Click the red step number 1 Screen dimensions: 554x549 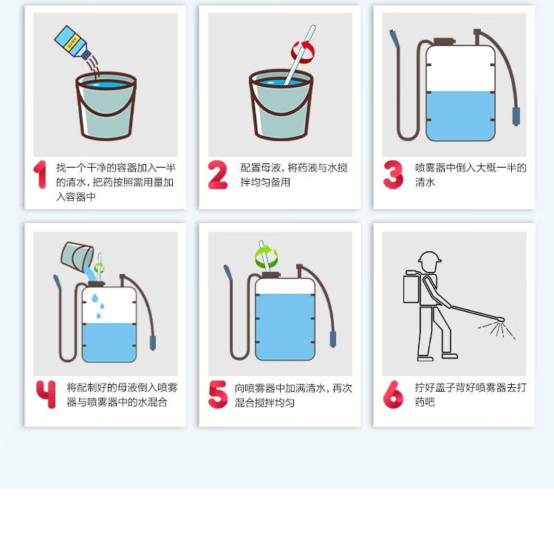[41, 174]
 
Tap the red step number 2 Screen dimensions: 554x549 [217, 174]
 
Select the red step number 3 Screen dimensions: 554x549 [393, 174]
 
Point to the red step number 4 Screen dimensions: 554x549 [46, 394]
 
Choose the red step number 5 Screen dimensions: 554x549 [218, 394]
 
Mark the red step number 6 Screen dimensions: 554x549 [393, 394]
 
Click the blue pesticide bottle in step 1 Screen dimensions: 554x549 [72, 42]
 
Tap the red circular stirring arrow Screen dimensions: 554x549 [303, 52]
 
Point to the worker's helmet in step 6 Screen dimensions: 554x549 [430, 257]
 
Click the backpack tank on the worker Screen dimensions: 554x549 [411, 287]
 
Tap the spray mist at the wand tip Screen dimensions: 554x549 [497, 330]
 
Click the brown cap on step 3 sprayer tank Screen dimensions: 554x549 [445, 41]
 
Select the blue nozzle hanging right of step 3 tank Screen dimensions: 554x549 [516, 117]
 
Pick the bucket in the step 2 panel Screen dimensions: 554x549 [281, 105]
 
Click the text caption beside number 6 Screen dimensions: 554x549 [471, 395]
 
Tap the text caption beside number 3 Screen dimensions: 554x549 [471, 174]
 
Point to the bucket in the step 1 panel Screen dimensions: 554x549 [106, 106]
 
